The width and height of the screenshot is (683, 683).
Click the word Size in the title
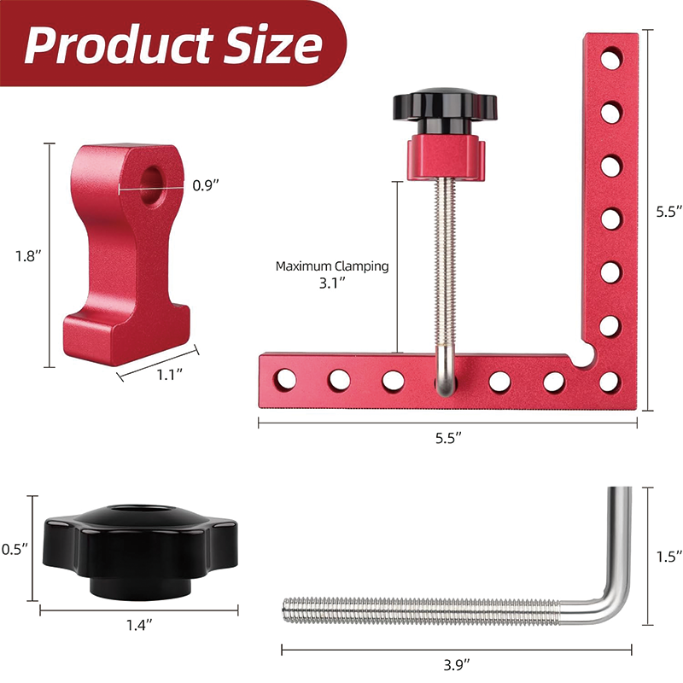point(271,44)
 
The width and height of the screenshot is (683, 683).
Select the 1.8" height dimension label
point(29,255)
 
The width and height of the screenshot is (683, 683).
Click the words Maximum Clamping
point(331,266)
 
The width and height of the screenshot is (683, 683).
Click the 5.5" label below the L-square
point(447,437)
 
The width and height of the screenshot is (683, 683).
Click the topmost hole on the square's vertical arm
point(610,60)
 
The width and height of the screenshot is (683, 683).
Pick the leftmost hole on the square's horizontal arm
point(286,377)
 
